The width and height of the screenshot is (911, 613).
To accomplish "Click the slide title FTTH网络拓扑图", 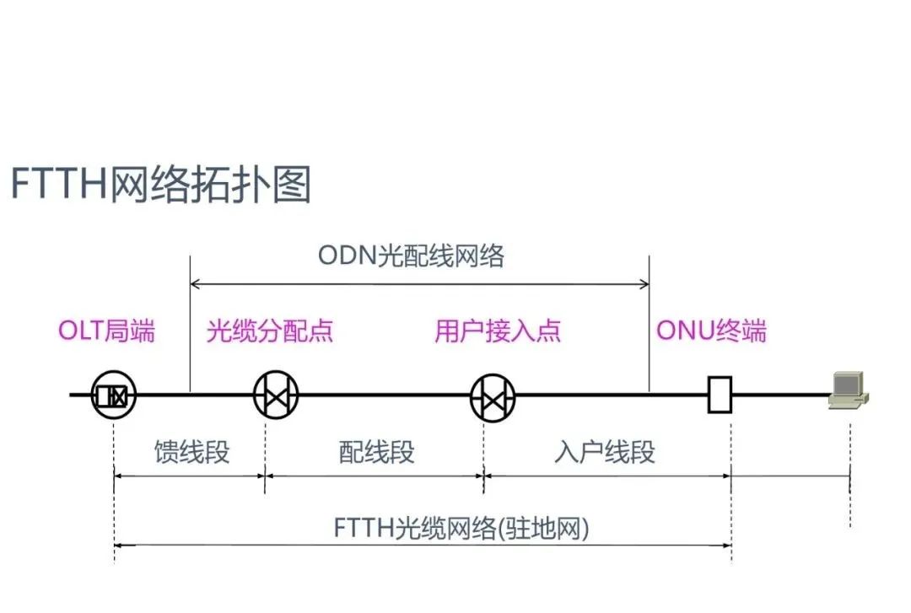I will pyautogui.click(x=160, y=185).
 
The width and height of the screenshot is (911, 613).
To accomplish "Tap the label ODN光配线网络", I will pyautogui.click(x=411, y=255).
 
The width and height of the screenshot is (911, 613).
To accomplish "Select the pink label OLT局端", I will pyautogui.click(x=106, y=331).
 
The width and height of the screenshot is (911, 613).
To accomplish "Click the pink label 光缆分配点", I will pyautogui.click(x=270, y=331).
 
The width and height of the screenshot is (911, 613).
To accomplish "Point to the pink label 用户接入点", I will pyautogui.click(x=498, y=331).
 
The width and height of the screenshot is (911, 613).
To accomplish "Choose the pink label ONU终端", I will pyautogui.click(x=711, y=331).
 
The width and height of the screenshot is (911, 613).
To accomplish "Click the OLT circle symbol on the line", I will pyautogui.click(x=113, y=395).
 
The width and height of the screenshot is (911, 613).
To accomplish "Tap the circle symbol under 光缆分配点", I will pyautogui.click(x=277, y=395).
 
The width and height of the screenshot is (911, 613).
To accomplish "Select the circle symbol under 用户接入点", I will pyautogui.click(x=493, y=396).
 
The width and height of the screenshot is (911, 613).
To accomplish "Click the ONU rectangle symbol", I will pyautogui.click(x=720, y=395).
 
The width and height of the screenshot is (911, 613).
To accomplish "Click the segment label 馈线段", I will pyautogui.click(x=191, y=452).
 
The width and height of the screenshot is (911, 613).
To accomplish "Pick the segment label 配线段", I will pyautogui.click(x=376, y=452).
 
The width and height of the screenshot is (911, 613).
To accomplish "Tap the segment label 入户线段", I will pyautogui.click(x=605, y=452).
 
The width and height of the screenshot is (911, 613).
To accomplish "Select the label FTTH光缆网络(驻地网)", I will pyautogui.click(x=461, y=529).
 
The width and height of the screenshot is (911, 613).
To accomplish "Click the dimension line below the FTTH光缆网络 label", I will pyautogui.click(x=422, y=546).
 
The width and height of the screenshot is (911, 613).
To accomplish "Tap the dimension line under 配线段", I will pyautogui.click(x=375, y=476).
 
